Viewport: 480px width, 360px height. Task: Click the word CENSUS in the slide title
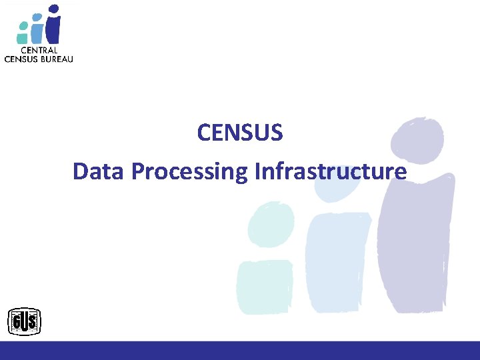[x=240, y=133]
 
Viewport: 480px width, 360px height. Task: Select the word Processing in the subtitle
[x=191, y=172]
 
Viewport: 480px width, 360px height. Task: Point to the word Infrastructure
[x=331, y=171]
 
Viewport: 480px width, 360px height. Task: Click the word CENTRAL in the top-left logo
[x=39, y=50]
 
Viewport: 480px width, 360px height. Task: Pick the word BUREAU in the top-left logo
[x=57, y=59]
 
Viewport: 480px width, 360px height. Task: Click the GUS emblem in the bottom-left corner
[x=24, y=323]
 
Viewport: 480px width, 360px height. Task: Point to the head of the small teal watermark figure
[x=271, y=223]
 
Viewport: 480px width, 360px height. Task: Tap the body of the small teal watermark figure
[x=265, y=287]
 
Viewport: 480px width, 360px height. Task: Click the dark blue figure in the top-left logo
[x=53, y=25]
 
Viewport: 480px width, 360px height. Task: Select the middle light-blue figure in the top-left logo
[x=37, y=28]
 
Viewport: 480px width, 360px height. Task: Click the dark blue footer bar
[x=240, y=351]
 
